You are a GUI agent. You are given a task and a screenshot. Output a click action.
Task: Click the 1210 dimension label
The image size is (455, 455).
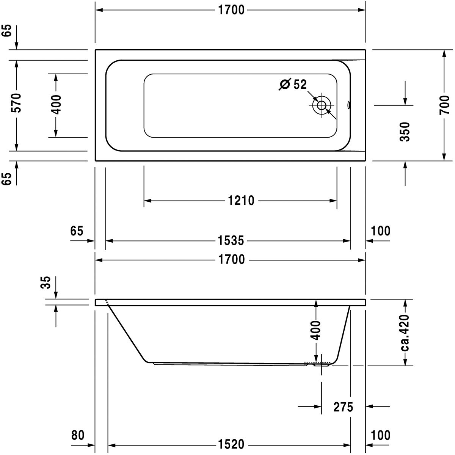(241, 201)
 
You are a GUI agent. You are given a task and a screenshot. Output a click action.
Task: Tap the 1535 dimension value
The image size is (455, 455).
(231, 241)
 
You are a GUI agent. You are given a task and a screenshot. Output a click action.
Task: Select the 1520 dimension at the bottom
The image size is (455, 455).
(231, 445)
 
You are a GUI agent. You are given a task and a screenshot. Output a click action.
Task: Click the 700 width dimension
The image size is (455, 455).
(445, 105)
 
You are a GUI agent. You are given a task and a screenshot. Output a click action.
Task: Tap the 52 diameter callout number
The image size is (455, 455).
(300, 84)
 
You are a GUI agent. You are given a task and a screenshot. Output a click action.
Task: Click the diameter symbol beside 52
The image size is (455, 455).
(284, 84)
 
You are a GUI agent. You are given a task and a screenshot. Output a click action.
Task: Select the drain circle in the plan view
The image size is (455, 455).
(322, 105)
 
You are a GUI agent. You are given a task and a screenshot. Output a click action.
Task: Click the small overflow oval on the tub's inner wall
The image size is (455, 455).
(349, 105)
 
